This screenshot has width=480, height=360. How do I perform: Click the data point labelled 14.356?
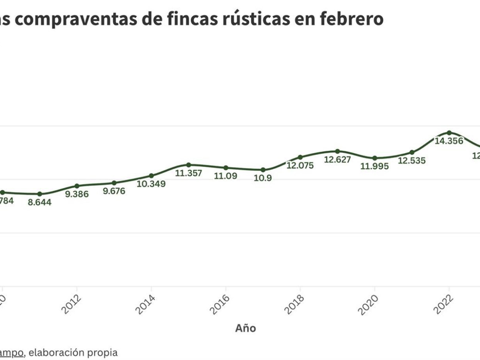tap(449, 132)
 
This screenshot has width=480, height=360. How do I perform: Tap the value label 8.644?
tap(39, 202)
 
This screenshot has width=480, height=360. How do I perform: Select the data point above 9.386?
tap(77, 186)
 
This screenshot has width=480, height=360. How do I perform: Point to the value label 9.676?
tap(114, 191)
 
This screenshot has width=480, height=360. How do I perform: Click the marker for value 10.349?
tap(151, 176)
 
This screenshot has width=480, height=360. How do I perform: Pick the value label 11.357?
tap(188, 174)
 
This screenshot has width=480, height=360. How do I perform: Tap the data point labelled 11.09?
tap(226, 168)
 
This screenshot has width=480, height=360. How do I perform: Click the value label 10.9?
tap(263, 178)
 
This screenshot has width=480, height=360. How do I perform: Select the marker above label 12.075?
tap(300, 157)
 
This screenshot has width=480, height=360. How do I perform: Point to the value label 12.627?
tap(337, 160)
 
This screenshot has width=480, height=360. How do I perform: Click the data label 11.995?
tap(374, 166)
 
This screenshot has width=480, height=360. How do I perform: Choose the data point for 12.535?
tap(412, 152)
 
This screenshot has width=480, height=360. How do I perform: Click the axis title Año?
tap(245, 328)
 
